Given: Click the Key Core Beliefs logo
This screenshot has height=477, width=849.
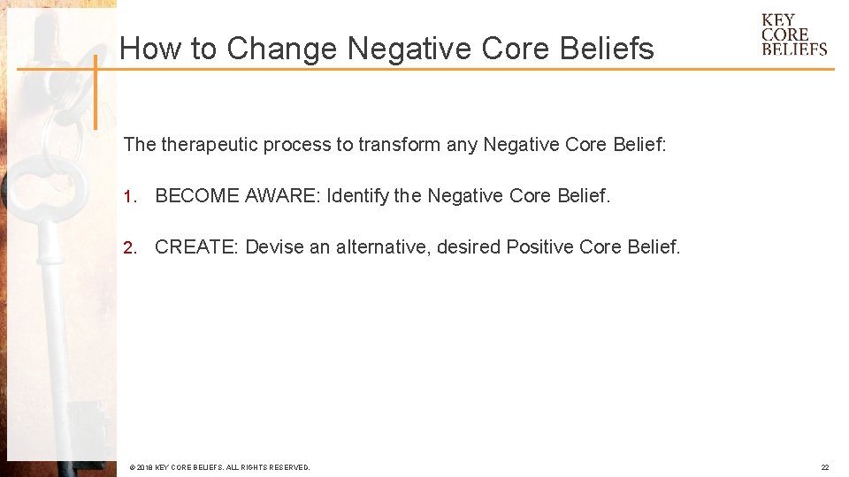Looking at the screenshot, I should [x=793, y=34].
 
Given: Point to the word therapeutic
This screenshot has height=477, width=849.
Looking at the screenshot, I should [x=210, y=144].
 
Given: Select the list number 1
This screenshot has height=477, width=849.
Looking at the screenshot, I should [x=128, y=196].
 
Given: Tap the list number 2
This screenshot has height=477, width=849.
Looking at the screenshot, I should [x=128, y=247].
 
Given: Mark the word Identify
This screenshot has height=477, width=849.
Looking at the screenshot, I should [x=357, y=195].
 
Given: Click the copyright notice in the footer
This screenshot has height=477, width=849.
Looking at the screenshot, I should [x=219, y=467].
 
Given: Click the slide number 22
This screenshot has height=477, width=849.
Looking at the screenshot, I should [x=824, y=467].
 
